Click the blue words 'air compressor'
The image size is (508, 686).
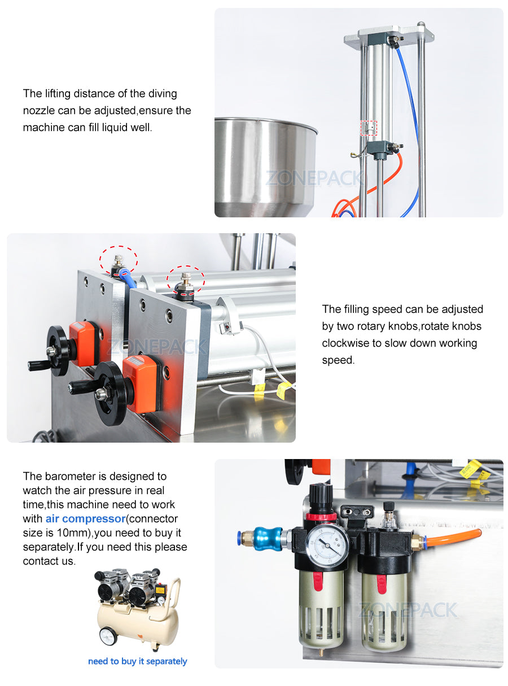point(85,518)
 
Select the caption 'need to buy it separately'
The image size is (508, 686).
point(137,661)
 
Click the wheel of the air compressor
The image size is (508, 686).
point(108,635)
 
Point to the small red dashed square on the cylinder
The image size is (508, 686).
point(369,128)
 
